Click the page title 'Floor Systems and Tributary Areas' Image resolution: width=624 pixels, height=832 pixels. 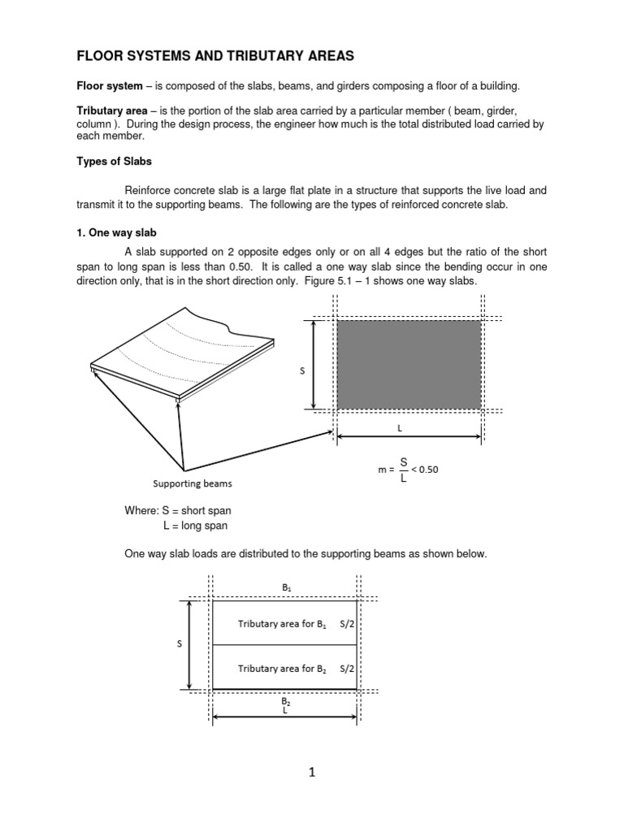coord(214,56)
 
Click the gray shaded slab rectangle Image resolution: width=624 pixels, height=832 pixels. coord(409,364)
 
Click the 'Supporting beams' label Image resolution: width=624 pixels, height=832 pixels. coord(193,483)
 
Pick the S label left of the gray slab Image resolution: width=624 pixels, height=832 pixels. coord(302,370)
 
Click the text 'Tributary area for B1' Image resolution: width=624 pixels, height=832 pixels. coord(281,624)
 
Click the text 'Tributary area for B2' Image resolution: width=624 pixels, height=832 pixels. coord(281,669)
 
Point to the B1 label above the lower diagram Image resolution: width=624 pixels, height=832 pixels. coord(285,586)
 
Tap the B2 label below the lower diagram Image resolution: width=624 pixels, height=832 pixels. coord(285,700)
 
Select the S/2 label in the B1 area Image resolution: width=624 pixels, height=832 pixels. coord(346,624)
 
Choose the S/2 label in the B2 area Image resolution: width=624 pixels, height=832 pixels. coord(346,669)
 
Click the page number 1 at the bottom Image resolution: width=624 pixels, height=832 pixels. coord(311,773)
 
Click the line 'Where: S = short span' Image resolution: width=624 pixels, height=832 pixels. coord(177,511)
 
